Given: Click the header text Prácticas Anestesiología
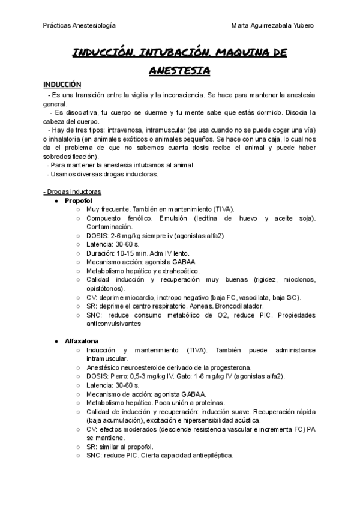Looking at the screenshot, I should [80, 26].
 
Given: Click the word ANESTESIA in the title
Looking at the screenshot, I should [179, 71].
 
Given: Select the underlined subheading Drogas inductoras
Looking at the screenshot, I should [73, 191].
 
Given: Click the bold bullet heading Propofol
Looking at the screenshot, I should [78, 200].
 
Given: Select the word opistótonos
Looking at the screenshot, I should [106, 288].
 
